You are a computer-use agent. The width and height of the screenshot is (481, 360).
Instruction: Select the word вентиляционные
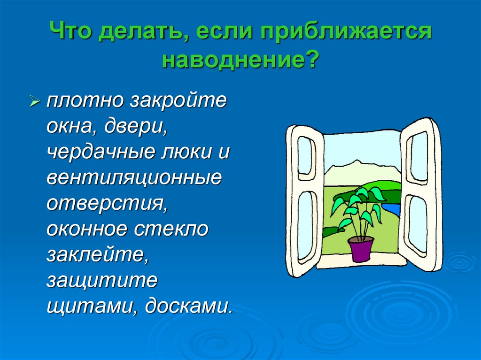pos(134,179)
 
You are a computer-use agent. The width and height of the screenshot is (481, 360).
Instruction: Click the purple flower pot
pos(360,249)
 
